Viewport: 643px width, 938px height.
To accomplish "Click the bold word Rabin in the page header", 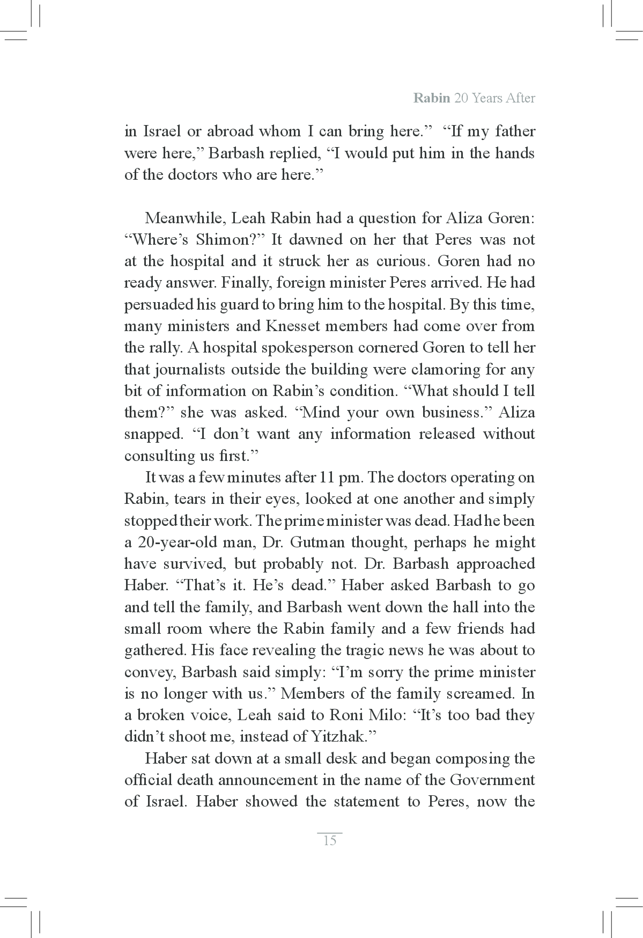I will [x=432, y=98].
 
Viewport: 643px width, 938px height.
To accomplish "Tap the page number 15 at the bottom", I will [x=330, y=840].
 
